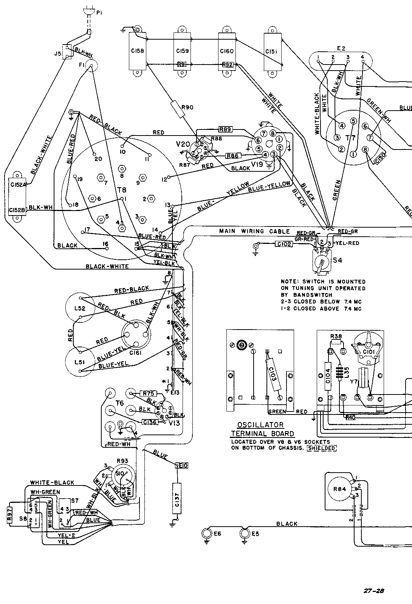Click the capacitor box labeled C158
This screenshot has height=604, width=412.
click(138, 51)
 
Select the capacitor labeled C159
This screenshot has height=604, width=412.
click(183, 51)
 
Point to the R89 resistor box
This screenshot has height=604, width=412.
click(226, 129)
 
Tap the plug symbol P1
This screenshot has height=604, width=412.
click(87, 12)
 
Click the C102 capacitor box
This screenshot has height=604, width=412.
click(284, 244)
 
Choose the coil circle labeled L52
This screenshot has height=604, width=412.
click(80, 308)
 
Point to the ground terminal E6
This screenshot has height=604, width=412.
click(207, 533)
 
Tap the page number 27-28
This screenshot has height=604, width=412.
click(375, 591)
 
